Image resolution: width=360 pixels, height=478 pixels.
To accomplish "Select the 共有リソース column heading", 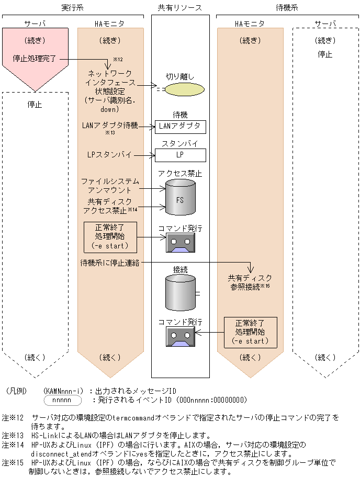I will click(x=180, y=8).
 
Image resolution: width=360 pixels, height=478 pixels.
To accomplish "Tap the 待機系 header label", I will click(x=287, y=8).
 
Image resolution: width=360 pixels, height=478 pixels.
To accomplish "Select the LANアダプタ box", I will click(x=180, y=127).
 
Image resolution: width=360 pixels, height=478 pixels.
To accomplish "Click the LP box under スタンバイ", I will click(x=180, y=155).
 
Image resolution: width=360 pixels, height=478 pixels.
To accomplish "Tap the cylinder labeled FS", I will click(x=180, y=198).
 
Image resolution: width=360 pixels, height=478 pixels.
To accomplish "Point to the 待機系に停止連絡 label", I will click(x=109, y=263).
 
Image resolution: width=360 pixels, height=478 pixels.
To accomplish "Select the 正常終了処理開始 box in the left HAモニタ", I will click(x=109, y=236).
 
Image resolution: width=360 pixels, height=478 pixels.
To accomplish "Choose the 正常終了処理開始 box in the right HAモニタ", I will click(x=250, y=332).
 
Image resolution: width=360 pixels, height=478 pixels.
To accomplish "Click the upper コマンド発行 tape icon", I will click(x=180, y=243).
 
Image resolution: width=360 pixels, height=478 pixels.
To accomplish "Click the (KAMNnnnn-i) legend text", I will click(x=63, y=391).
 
